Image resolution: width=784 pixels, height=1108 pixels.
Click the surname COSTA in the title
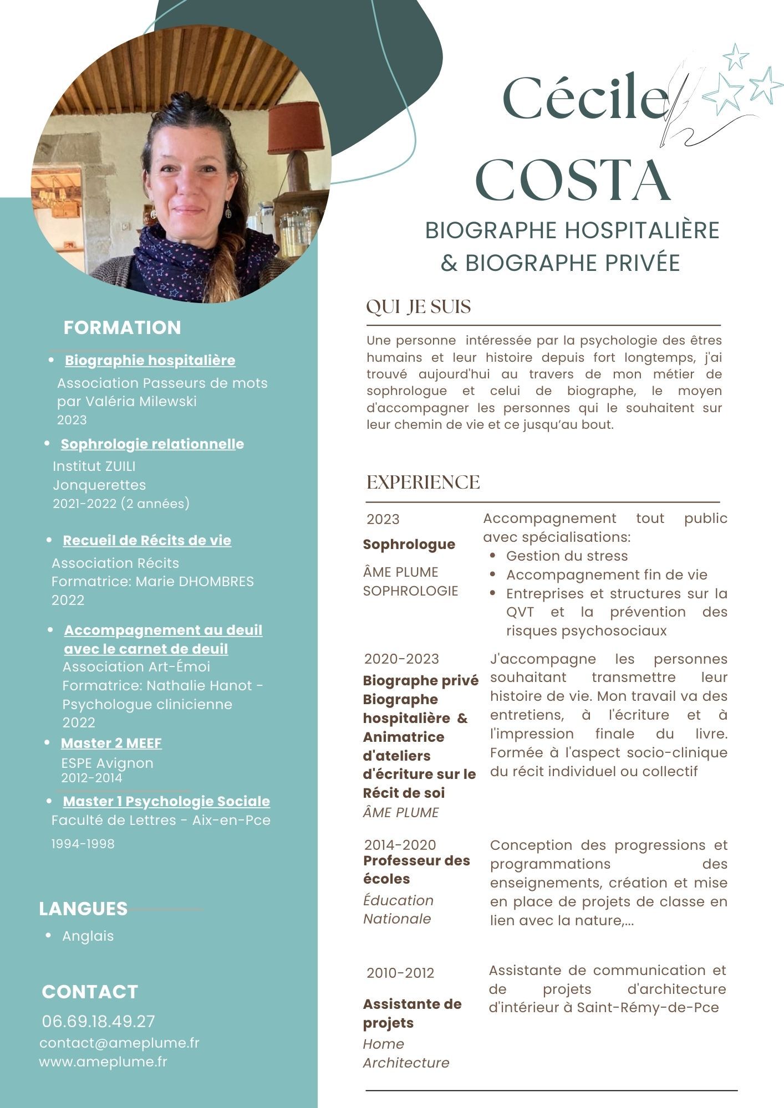coord(573,181)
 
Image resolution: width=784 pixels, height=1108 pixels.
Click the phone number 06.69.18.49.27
coord(99,1021)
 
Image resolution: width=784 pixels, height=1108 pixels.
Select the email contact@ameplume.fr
coord(119,1043)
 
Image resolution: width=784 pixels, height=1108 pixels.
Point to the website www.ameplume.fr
coord(103,1061)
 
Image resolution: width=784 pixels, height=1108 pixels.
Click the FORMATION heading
coord(122,327)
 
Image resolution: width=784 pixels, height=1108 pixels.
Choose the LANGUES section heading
coord(83,909)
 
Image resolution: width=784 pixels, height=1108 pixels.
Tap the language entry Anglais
coord(88,936)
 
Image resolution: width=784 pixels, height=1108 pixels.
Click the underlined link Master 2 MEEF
coord(111,743)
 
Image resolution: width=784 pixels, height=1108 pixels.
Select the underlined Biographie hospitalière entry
coord(150,360)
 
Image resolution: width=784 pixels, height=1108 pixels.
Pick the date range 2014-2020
coord(400,845)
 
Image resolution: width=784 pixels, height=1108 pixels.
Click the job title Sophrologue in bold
coord(409,544)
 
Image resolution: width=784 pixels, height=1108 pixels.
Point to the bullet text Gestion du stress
coord(567,556)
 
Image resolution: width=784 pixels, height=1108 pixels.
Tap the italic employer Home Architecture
coord(406,1053)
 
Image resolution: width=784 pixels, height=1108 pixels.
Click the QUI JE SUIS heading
coord(419,306)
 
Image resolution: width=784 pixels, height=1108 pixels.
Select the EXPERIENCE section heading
coord(423,482)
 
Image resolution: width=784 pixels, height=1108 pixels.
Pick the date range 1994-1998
coord(83,844)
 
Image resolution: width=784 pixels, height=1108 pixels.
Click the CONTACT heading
coord(90,992)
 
